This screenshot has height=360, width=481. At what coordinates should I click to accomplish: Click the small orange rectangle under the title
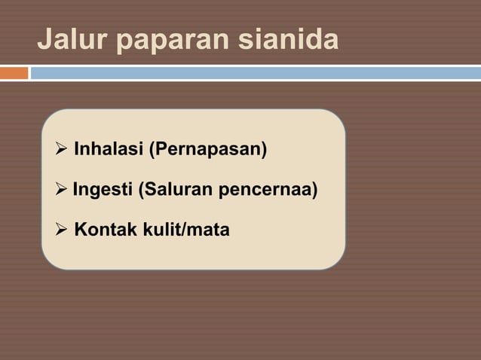coord(14,73)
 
